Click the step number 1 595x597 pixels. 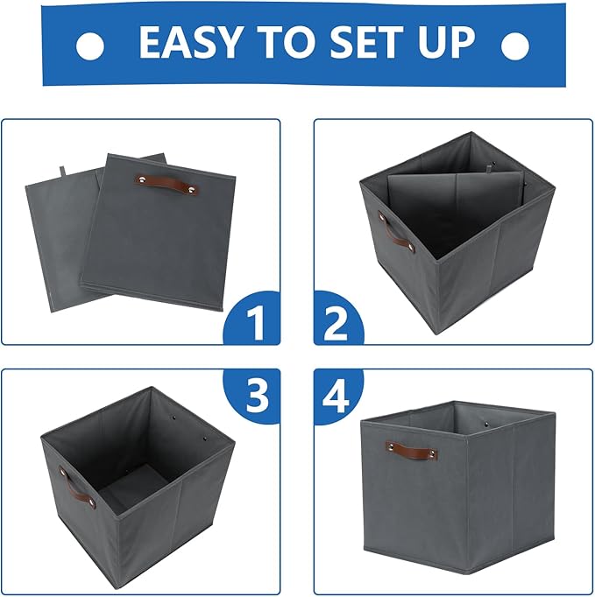pyautogui.click(x=255, y=326)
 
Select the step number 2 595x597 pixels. pyautogui.click(x=336, y=326)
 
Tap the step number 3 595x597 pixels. pyautogui.click(x=255, y=396)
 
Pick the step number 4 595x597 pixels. pyautogui.click(x=336, y=396)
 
